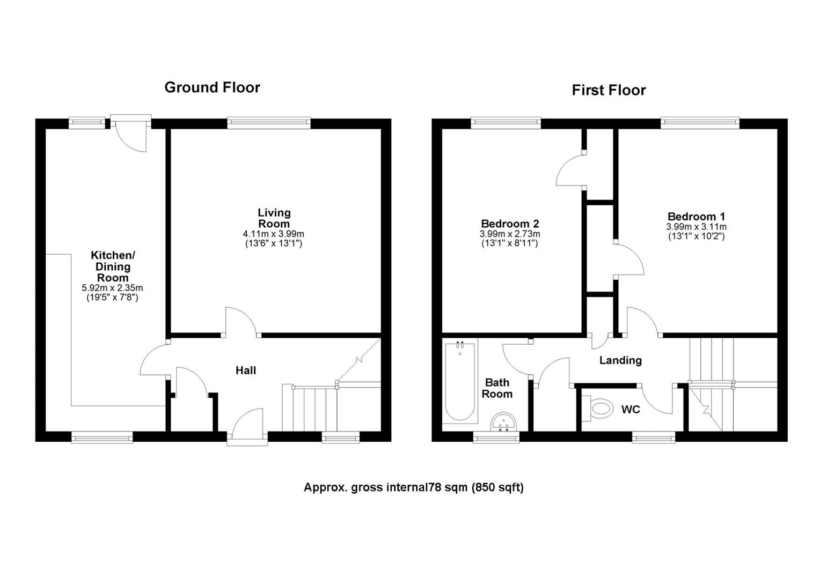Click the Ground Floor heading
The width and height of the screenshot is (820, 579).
(212, 87)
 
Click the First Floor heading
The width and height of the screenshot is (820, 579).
(609, 90)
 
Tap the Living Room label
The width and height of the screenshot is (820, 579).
(274, 218)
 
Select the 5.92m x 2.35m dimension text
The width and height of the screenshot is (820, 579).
(112, 288)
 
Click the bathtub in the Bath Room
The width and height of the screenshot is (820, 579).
(460, 381)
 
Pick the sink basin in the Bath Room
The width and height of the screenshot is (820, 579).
(504, 421)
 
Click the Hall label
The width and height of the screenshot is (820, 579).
(246, 370)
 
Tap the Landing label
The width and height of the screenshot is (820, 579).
(620, 360)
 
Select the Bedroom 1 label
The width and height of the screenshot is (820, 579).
(696, 217)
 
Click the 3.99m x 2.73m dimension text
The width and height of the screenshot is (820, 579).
(509, 234)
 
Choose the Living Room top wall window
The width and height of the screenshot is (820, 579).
(269, 123)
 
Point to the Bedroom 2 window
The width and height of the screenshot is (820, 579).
(506, 123)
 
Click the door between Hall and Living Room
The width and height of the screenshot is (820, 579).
(240, 322)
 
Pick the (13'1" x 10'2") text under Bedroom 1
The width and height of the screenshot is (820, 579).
(696, 236)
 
